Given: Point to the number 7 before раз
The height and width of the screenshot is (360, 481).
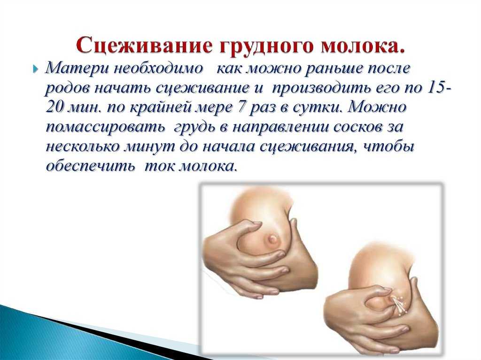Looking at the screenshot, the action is (x=239, y=107).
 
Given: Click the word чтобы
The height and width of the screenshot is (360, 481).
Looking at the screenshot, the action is (x=388, y=147).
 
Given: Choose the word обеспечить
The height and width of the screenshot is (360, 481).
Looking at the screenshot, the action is (x=90, y=167).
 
